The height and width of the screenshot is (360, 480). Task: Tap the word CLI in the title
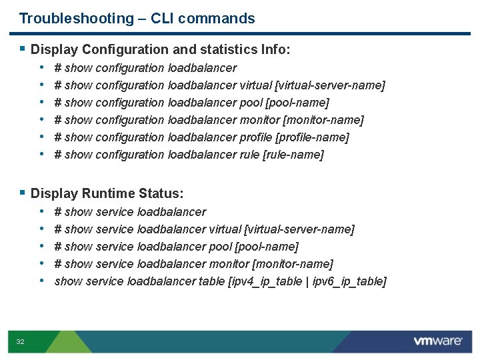click(x=164, y=19)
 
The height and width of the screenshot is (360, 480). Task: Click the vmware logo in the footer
click(x=438, y=341)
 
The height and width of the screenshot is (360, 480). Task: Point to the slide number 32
click(x=20, y=342)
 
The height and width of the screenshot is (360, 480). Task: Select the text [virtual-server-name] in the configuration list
click(x=331, y=85)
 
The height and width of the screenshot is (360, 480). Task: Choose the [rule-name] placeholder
click(x=293, y=155)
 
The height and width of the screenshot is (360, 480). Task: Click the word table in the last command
click(x=211, y=281)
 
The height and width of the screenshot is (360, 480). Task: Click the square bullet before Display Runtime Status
click(x=23, y=193)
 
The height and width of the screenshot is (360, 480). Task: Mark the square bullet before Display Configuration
click(x=23, y=49)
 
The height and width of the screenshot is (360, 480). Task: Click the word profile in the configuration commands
click(x=255, y=137)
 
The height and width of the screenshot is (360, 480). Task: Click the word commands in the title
click(x=223, y=19)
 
